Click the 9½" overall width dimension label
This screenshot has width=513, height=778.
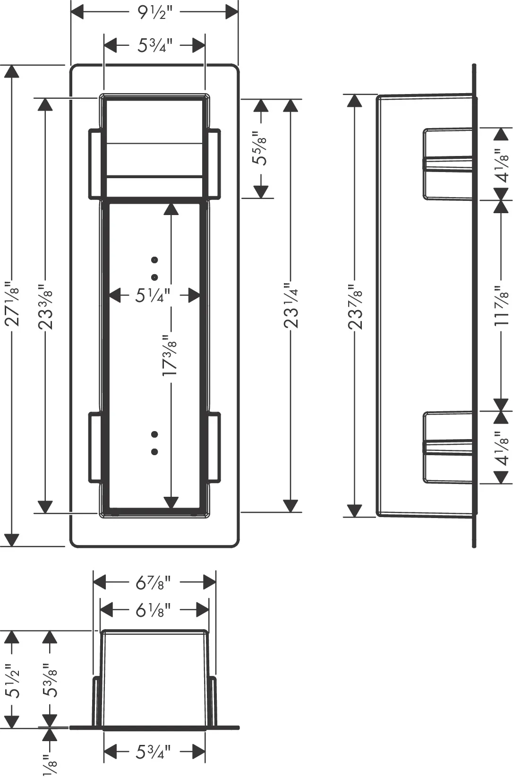click(x=154, y=12)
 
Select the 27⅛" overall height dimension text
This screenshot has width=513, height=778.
click(x=12, y=306)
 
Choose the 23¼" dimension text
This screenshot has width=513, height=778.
click(x=291, y=306)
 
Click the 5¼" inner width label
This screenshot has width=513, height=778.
click(x=153, y=295)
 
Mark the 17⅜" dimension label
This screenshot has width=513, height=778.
click(x=170, y=355)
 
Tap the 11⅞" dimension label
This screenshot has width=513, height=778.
click(x=501, y=306)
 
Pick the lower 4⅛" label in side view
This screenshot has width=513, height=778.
click(x=501, y=448)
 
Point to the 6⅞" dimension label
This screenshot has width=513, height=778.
click(x=154, y=582)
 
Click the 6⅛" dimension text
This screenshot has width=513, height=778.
click(x=154, y=610)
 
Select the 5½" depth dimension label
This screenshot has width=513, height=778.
click(x=12, y=681)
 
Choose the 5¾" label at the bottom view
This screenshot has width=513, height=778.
click(x=154, y=752)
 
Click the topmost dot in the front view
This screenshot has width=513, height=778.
click(x=155, y=260)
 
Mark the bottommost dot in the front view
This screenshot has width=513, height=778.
click(x=155, y=452)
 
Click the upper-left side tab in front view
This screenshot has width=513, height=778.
click(x=95, y=164)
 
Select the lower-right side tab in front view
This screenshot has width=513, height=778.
click(x=214, y=447)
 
